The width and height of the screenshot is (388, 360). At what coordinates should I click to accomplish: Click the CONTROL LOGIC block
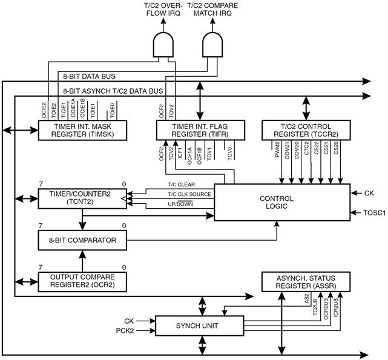click(282, 202)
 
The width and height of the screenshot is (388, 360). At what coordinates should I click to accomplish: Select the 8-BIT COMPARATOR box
click(82, 240)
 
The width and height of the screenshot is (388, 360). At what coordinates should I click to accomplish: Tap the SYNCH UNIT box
click(199, 326)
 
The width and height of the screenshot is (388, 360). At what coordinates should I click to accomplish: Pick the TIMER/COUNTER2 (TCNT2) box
click(82, 198)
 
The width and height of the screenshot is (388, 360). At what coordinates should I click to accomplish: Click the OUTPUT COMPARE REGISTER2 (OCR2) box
click(82, 282)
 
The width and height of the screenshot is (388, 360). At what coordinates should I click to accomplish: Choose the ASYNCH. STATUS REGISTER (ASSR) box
click(306, 282)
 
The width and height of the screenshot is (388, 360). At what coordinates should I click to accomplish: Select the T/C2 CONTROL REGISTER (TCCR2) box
click(306, 130)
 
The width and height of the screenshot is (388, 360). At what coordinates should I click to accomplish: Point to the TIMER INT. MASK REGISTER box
click(82, 130)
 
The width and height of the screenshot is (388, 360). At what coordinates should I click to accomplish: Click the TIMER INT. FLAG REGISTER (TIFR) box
click(200, 130)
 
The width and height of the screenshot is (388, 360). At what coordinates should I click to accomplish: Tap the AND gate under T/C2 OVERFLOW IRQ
click(163, 45)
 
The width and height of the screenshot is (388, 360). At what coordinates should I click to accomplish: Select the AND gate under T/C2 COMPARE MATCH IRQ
click(212, 45)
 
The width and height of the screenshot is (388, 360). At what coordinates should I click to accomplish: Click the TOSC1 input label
click(375, 212)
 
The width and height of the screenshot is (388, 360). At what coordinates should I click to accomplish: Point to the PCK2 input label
click(125, 330)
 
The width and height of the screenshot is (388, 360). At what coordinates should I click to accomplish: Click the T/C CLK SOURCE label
click(189, 194)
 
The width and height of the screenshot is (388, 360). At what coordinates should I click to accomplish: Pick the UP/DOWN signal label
click(180, 204)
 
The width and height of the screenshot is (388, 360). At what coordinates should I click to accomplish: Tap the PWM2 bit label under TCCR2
click(277, 149)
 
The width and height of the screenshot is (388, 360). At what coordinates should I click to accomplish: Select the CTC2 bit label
click(306, 148)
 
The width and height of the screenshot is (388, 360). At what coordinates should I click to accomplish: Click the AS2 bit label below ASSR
click(307, 299)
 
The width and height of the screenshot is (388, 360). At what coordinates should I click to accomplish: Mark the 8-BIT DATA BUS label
click(89, 76)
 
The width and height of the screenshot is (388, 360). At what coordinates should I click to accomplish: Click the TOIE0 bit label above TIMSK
click(113, 111)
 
